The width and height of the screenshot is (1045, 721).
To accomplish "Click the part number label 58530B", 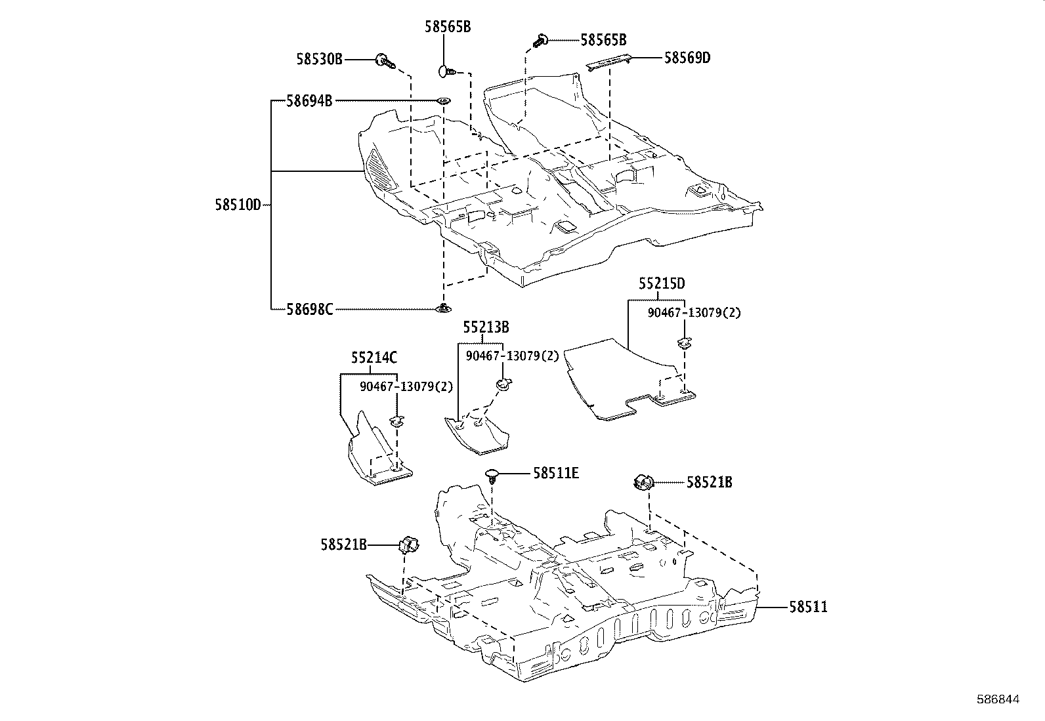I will [319, 60].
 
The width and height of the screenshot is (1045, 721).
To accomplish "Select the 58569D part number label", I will [687, 58].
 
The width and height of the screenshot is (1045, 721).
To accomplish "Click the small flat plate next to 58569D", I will [610, 62].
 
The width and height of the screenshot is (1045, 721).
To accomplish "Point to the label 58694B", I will [309, 101].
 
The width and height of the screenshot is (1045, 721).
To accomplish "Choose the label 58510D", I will [238, 205].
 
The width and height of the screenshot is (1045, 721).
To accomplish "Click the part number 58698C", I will [309, 308].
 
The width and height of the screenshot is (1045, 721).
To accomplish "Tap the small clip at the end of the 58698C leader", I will [444, 307].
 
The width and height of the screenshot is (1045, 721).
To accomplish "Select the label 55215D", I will [662, 283].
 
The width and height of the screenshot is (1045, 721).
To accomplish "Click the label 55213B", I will [486, 327].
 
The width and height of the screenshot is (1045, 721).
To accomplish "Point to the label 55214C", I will [373, 358].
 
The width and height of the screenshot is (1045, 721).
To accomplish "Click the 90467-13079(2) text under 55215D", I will [694, 313].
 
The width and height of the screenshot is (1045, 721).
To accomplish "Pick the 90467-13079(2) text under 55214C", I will [406, 386].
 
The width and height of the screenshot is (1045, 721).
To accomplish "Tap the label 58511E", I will [556, 473].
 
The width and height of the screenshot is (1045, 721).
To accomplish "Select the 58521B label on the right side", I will [710, 483].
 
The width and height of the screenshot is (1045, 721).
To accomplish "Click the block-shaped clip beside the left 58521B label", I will [409, 545].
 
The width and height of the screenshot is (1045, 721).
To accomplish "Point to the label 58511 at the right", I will [808, 607].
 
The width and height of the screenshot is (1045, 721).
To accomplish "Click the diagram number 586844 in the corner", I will [997, 700].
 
